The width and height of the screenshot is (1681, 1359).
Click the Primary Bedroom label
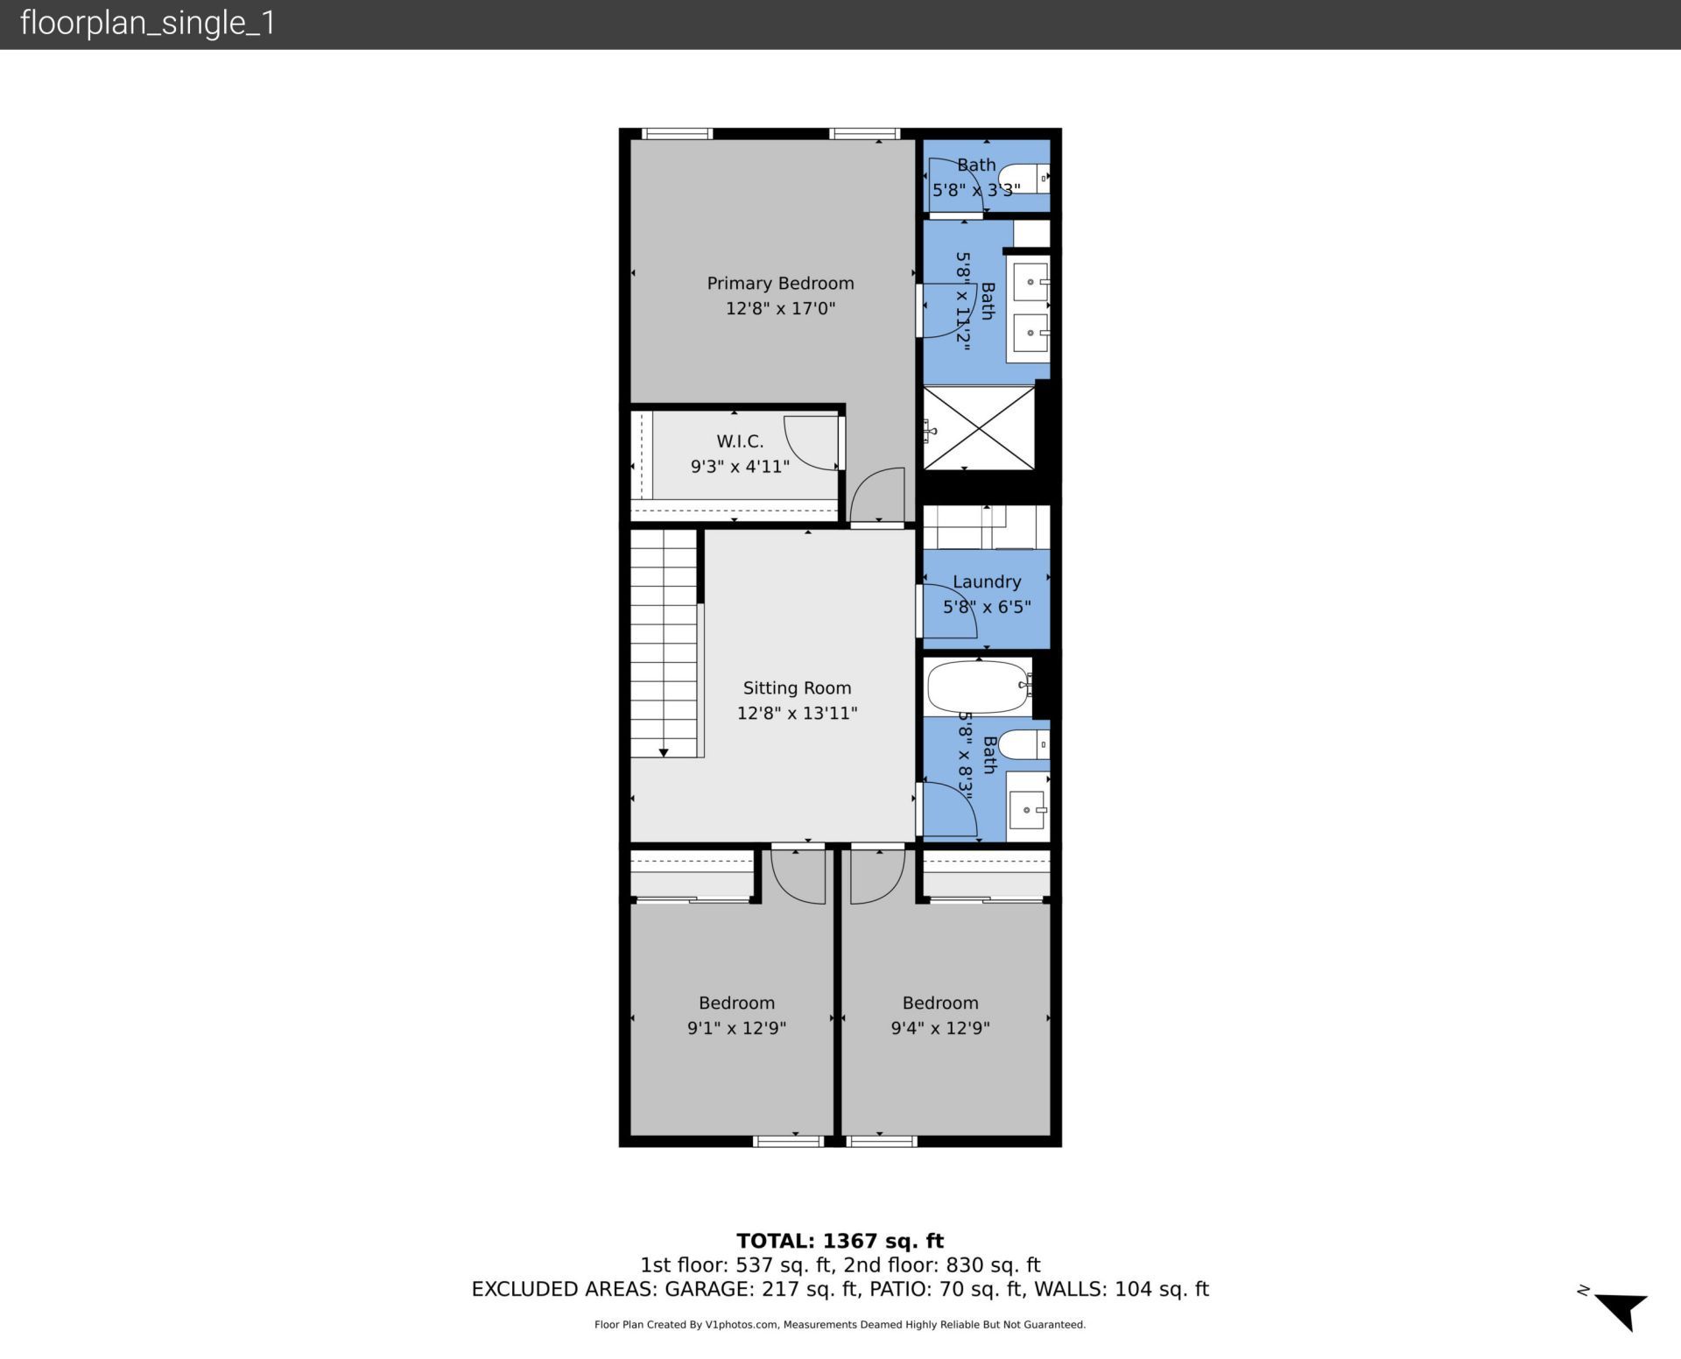tap(780, 284)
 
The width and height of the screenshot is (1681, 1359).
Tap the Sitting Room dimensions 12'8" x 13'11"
tap(797, 714)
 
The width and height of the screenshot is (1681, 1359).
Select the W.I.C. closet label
tap(740, 442)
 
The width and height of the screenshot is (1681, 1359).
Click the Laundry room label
tap(987, 582)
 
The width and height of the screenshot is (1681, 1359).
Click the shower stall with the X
tap(980, 427)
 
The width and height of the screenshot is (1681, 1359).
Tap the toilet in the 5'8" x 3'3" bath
tap(1022, 179)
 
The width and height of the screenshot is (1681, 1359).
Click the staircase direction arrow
tap(664, 752)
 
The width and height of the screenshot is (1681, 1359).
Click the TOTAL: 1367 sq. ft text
tap(840, 1241)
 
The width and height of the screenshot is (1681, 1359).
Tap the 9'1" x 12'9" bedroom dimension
tap(736, 1028)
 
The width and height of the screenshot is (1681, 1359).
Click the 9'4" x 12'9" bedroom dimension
tap(940, 1028)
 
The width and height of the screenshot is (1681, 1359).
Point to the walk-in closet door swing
tap(810, 442)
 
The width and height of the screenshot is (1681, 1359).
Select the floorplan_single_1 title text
tap(147, 24)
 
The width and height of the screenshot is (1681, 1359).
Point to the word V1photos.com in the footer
tap(742, 1325)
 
